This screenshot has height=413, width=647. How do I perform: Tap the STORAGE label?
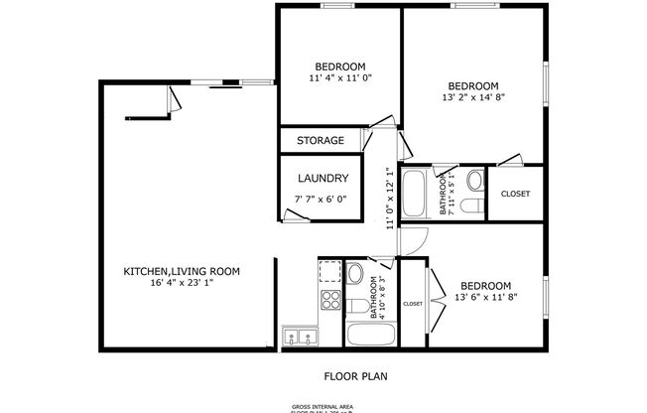(x=320, y=141)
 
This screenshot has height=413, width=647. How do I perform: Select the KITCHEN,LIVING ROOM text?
(x=181, y=270)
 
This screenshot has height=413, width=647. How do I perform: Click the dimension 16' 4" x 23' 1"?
(x=181, y=283)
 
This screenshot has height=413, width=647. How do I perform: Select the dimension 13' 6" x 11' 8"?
(x=485, y=297)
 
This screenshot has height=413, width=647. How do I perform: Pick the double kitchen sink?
(x=299, y=338)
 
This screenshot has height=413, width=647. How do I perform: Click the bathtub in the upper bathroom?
(x=418, y=194)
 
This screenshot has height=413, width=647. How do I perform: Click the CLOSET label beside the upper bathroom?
(x=515, y=195)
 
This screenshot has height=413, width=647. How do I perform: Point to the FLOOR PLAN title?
(x=355, y=376)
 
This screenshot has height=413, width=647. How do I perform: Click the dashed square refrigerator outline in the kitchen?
(x=330, y=270)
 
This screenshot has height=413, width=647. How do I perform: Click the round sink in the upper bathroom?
(x=474, y=181)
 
